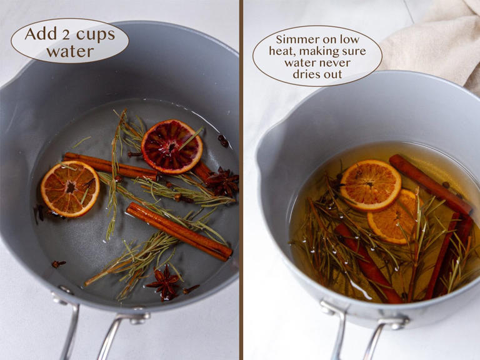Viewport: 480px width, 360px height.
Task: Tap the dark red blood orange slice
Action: tap(172, 146)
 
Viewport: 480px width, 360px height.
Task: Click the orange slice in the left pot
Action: tap(70, 188)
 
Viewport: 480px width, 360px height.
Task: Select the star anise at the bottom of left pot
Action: tap(165, 283)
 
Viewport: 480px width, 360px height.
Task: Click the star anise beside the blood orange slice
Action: tap(223, 182)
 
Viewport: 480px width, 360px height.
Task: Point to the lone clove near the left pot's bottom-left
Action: tap(57, 264)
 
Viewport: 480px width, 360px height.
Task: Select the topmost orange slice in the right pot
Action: tap(371, 185)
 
